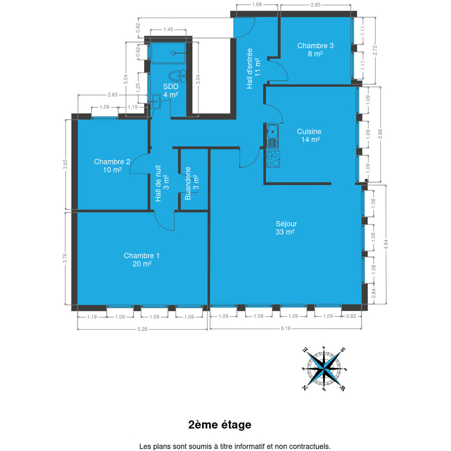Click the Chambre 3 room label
(315, 49)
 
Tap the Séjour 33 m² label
(286, 228)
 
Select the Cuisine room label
(309, 135)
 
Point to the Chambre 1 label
(142, 260)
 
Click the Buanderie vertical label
(192, 183)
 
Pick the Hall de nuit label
(162, 183)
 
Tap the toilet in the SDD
(177, 76)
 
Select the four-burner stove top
(273, 159)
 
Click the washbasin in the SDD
(155, 101)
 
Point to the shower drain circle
(173, 53)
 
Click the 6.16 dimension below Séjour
(286, 328)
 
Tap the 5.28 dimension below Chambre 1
(142, 329)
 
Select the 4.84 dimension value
(386, 244)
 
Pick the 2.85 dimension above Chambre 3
(315, 5)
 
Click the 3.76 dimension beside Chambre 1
(65, 258)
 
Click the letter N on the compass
(305, 388)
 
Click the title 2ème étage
(220, 424)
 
